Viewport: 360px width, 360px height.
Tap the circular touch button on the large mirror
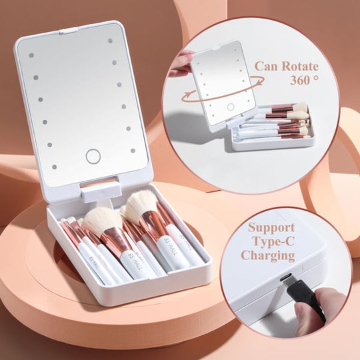click(x=93, y=157)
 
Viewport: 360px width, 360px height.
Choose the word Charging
click(x=269, y=255)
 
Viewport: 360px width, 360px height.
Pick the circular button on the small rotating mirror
click(x=231, y=107)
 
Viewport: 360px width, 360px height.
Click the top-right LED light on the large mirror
click(x=110, y=40)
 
